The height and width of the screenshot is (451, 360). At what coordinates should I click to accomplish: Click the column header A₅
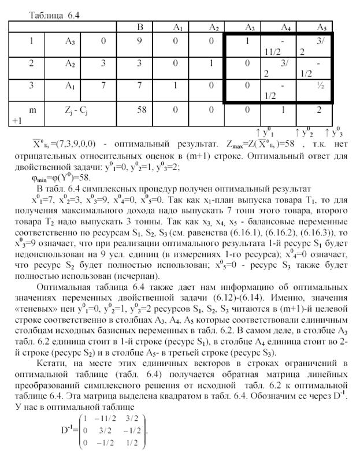click(x=322, y=27)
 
